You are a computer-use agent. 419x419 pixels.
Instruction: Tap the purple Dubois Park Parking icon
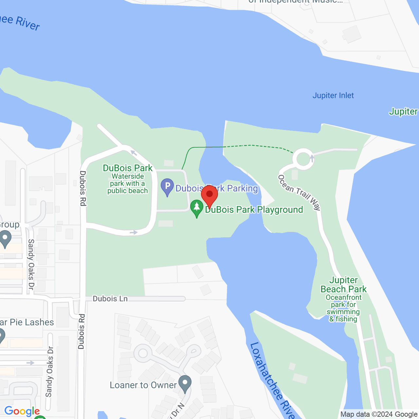[167, 187]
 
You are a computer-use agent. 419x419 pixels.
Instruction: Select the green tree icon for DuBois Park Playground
[196, 208]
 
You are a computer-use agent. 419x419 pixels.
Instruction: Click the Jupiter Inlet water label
[333, 96]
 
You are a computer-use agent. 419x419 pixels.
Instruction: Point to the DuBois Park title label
[128, 168]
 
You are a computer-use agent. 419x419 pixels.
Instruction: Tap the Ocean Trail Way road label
[299, 192]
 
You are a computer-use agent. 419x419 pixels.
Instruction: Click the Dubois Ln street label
[110, 299]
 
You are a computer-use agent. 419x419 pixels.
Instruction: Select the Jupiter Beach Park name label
[343, 285]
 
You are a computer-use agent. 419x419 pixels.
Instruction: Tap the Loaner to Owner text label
[143, 385]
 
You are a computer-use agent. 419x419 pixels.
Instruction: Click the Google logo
[22, 411]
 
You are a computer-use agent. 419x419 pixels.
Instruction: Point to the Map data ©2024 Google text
[379, 414]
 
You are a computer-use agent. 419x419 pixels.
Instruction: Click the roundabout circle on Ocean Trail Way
[303, 159]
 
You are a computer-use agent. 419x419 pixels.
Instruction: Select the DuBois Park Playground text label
[254, 210]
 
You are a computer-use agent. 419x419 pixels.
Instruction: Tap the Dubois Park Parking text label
[217, 188]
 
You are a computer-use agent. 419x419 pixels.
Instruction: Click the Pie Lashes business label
[27, 322]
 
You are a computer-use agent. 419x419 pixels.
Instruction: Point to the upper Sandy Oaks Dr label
[31, 264]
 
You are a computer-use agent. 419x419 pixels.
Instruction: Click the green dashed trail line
[249, 145]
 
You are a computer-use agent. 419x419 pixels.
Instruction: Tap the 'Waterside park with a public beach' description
[128, 184]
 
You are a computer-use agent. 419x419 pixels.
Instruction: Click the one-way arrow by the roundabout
[312, 158]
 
